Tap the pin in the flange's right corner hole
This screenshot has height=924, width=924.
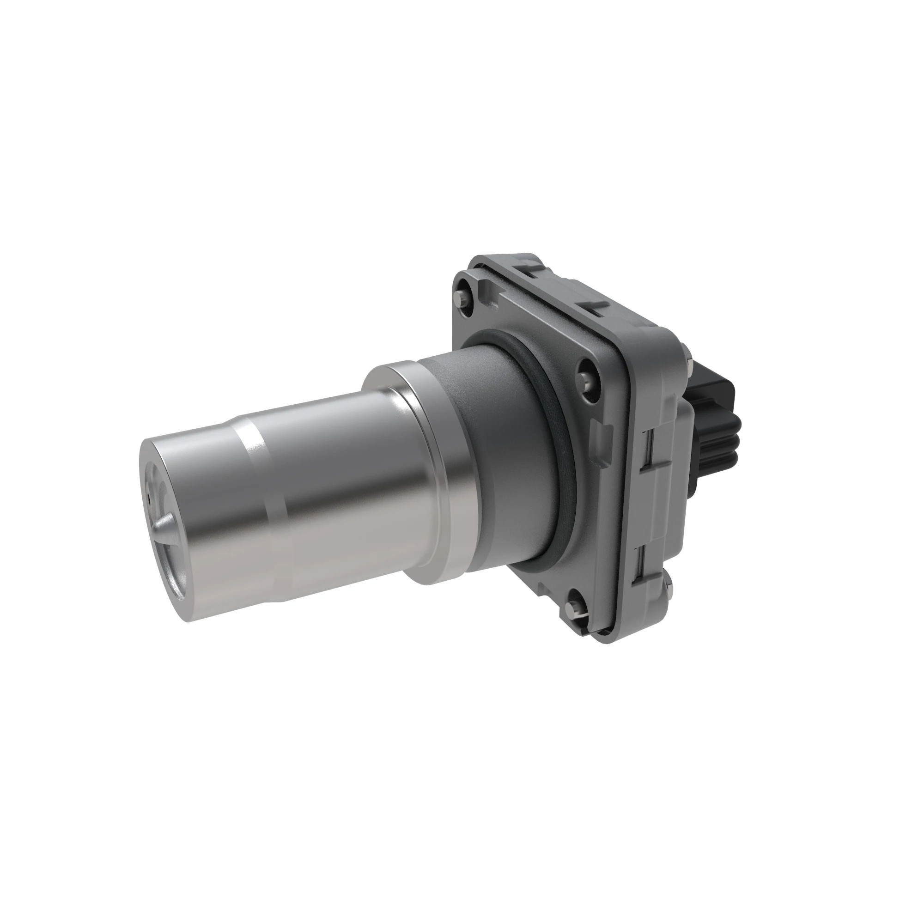point(588,379)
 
